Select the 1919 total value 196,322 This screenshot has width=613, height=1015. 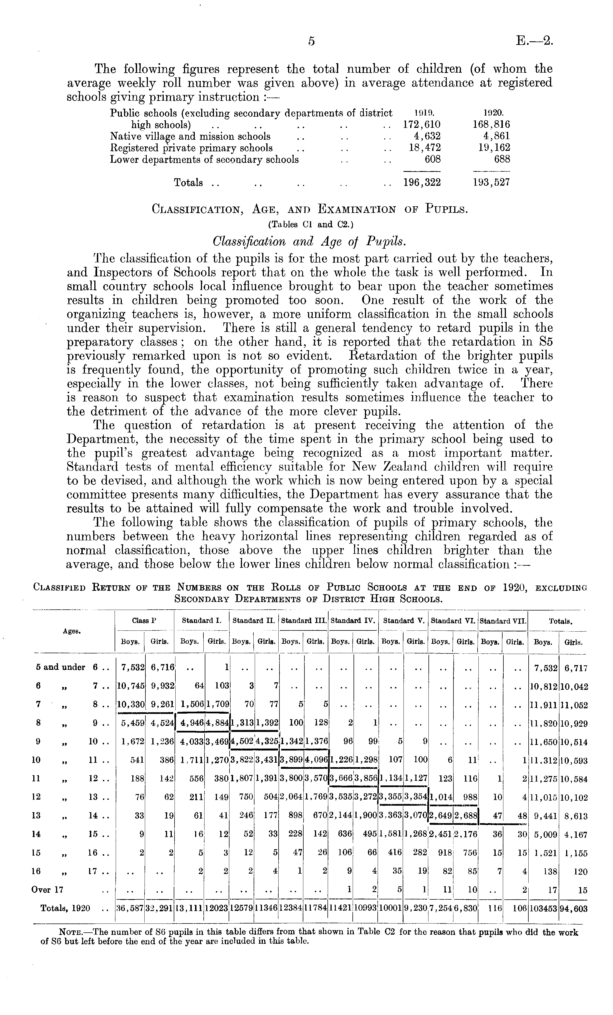[422, 182]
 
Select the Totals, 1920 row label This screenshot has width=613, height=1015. [65, 908]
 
